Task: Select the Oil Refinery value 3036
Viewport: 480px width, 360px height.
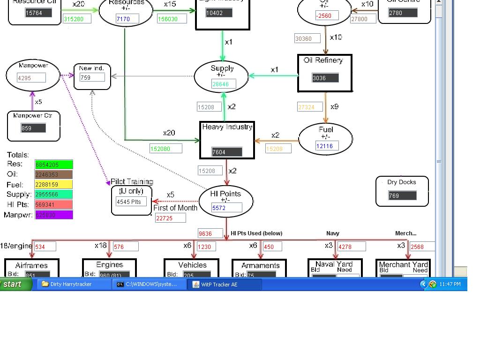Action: tap(325, 78)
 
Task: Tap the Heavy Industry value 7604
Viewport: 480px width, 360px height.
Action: tap(227, 152)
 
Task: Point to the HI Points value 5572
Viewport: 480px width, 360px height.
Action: tap(227, 208)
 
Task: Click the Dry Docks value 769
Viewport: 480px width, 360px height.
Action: tap(402, 195)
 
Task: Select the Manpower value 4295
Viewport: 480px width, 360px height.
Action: tap(31, 78)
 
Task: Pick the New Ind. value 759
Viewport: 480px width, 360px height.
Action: tap(92, 77)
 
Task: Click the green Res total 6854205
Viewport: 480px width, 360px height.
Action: tap(54, 165)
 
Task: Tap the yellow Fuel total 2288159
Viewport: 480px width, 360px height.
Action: tap(54, 185)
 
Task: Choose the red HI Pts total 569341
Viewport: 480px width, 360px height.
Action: tap(54, 204)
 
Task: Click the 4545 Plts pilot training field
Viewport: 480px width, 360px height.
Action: tap(131, 202)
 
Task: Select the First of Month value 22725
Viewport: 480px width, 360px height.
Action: tap(171, 218)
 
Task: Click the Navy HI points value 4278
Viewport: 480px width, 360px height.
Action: tap(352, 247)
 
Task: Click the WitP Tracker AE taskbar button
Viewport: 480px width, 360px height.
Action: tap(224, 284)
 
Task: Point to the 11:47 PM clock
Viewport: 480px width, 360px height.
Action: tap(450, 284)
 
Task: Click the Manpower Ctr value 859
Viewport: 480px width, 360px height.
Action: tap(33, 128)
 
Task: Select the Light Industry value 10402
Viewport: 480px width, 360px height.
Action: tap(218, 13)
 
